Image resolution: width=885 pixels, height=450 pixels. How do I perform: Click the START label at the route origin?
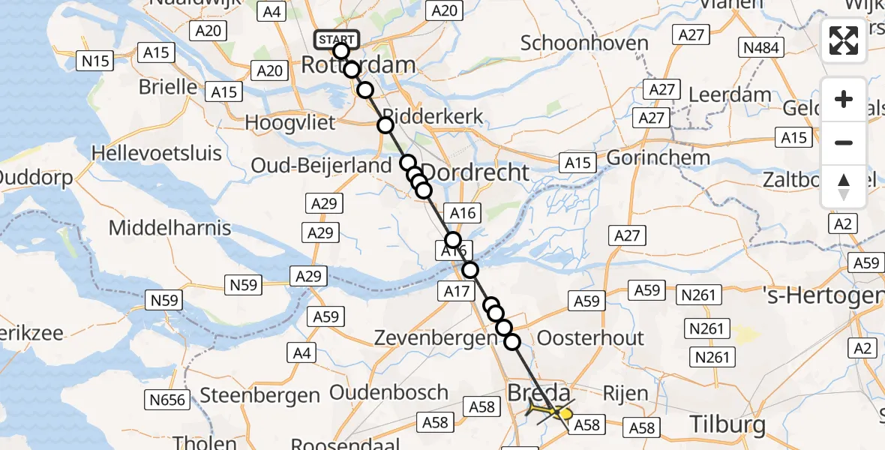tap(337, 39)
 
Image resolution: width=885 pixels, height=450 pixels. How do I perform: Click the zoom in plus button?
tap(844, 99)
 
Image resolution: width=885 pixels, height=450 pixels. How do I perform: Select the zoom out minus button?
tap(844, 142)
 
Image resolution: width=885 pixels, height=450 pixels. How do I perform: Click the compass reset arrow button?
tap(844, 186)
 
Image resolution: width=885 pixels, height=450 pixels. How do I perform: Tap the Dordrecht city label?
tap(475, 172)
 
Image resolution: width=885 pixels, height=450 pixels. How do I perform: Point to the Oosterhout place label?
tap(590, 337)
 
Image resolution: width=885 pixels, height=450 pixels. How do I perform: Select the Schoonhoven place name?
tap(584, 43)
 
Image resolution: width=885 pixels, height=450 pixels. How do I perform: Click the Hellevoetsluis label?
tap(156, 154)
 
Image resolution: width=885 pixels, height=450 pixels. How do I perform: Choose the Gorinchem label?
tap(658, 158)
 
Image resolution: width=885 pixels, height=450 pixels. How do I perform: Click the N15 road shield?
tap(96, 60)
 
